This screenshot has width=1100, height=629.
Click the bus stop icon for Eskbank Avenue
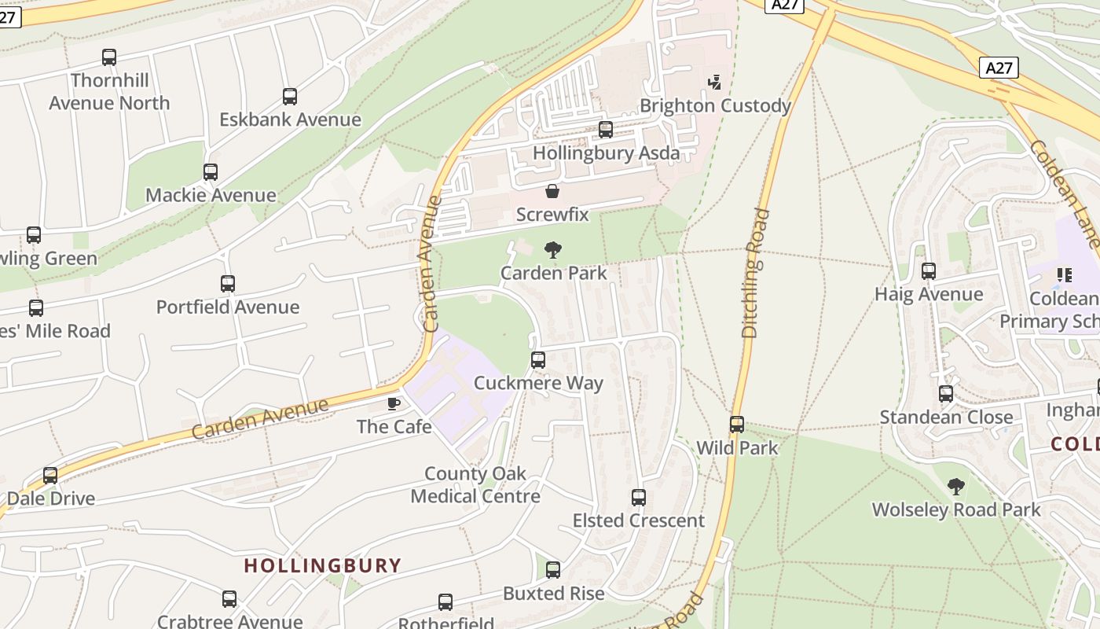point(290,97)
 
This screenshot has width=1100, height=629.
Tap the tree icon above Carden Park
point(553,250)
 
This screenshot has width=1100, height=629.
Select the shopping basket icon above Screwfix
point(552,191)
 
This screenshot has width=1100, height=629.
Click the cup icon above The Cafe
point(394,404)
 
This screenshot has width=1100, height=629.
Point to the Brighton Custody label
point(715,105)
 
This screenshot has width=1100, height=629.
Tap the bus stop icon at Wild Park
point(737,425)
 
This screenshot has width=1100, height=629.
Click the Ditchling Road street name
point(753,273)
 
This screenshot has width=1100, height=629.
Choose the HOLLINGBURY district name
point(322,565)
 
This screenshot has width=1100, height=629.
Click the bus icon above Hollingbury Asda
point(606,130)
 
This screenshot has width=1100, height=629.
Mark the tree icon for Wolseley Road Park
point(955,487)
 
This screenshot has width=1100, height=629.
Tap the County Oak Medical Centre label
point(475,485)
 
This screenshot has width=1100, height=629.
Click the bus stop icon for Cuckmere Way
point(538,360)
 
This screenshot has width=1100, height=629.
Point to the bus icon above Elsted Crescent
point(639,498)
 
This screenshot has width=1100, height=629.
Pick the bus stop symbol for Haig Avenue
point(929,271)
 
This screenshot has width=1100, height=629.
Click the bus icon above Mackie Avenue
point(211,172)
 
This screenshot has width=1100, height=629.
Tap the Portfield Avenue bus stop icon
point(228,284)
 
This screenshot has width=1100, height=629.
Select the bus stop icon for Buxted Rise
point(553,570)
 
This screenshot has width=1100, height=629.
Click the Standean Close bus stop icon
point(946,394)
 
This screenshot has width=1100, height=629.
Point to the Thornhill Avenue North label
point(109,91)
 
